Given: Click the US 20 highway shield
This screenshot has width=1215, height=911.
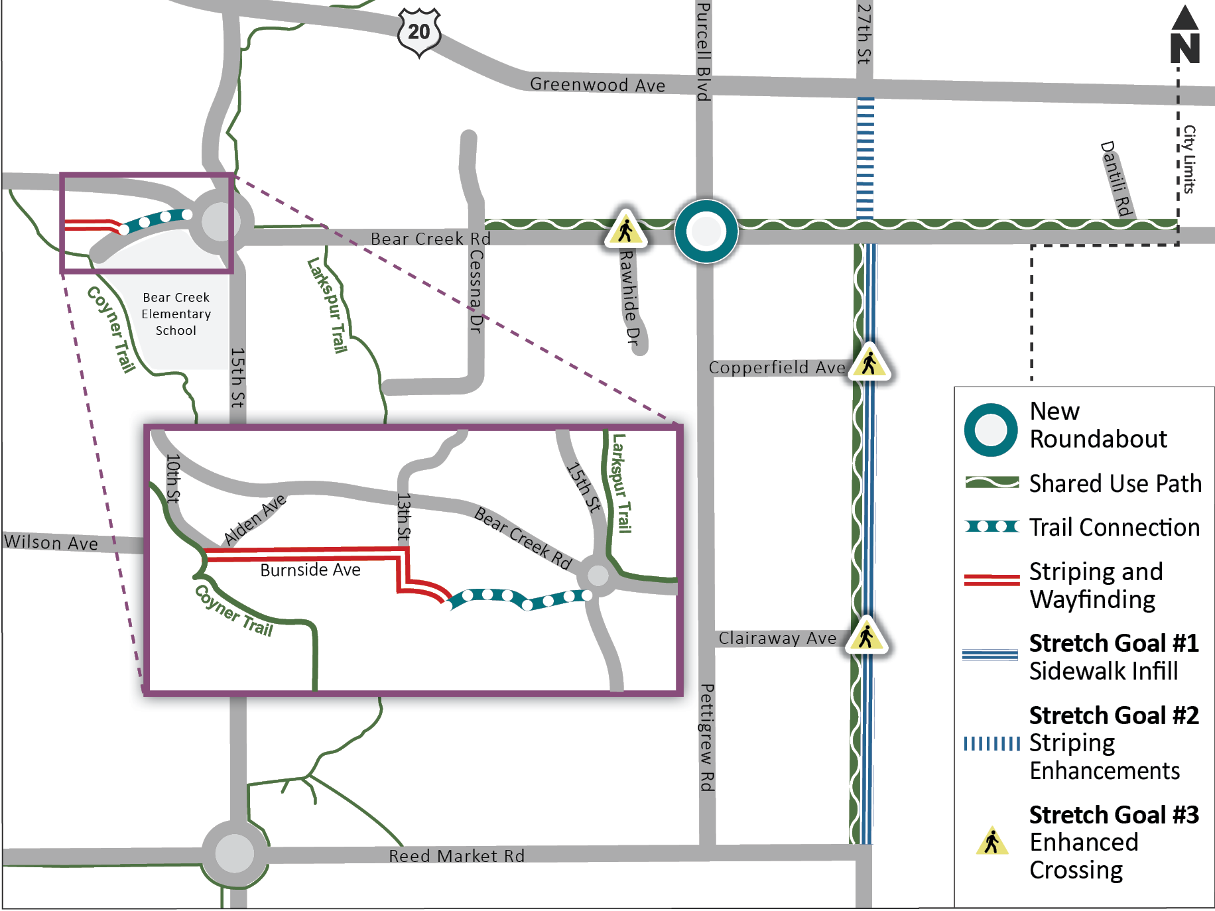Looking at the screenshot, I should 418,31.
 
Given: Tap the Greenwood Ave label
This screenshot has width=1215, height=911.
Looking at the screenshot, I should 597,85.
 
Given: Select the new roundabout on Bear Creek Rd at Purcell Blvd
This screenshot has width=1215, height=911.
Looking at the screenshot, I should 706,231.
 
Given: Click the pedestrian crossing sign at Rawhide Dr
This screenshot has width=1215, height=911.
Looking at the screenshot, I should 625,230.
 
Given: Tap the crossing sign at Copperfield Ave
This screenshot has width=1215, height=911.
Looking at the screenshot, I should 869,362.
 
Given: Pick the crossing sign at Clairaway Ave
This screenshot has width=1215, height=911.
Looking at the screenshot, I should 866,637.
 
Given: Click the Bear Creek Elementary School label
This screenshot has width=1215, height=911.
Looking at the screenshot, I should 176,314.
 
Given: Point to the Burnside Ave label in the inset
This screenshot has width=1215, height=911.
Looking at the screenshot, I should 310,570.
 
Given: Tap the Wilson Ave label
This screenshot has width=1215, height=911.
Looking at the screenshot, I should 51,542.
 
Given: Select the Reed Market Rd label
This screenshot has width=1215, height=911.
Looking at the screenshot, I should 456,856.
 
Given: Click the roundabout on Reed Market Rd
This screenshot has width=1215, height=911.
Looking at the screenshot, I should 235,853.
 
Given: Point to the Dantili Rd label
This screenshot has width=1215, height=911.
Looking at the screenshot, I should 1116,178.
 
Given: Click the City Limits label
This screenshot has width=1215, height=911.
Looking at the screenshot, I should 1190,159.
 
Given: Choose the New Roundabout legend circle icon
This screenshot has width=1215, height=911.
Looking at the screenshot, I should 991,430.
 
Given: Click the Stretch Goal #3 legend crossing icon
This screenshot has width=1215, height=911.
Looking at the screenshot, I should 991,841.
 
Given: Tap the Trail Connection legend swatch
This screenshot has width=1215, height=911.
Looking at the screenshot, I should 991,526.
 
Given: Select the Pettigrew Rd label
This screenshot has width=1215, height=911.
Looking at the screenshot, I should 707,737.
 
